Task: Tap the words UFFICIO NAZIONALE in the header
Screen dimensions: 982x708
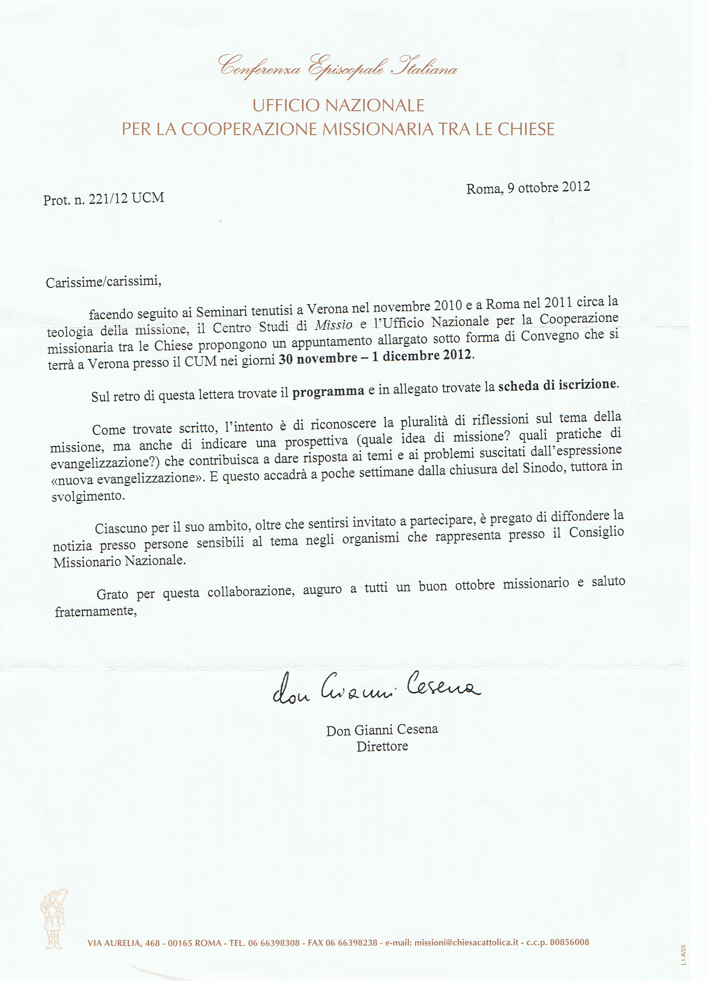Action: pyautogui.click(x=338, y=105)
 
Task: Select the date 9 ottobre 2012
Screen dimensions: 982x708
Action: pyautogui.click(x=548, y=187)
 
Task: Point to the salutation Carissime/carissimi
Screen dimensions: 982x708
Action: pyautogui.click(x=103, y=282)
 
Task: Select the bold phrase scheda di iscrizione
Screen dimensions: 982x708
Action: pyautogui.click(x=556, y=385)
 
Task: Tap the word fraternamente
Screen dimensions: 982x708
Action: pyautogui.click(x=96, y=611)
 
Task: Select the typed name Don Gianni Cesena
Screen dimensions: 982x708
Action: pyautogui.click(x=382, y=730)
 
